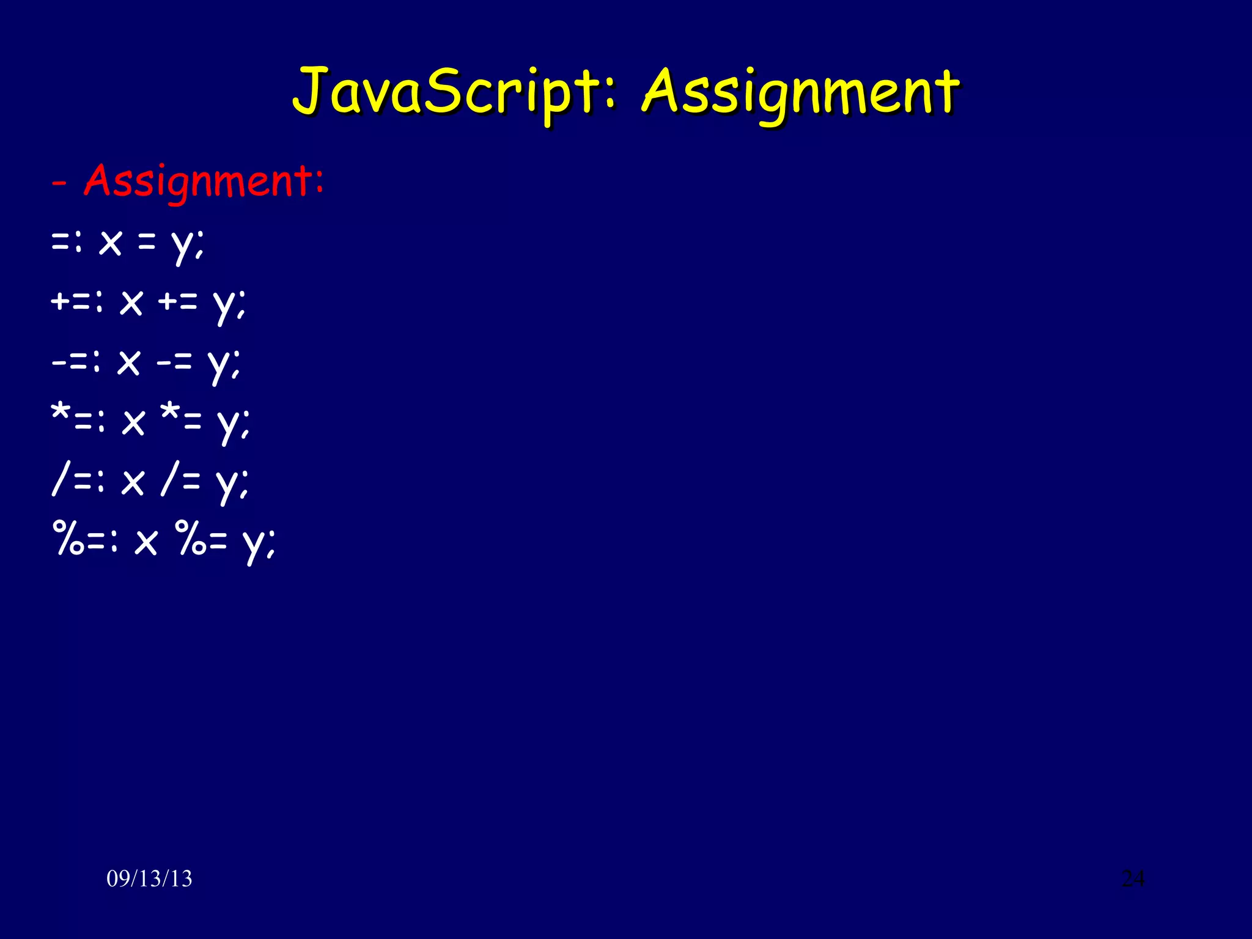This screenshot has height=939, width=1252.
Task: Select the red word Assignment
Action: [204, 181]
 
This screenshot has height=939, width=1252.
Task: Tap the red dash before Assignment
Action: [59, 183]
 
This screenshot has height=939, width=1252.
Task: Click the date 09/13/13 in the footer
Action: [149, 878]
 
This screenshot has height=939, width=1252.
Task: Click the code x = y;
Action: [152, 243]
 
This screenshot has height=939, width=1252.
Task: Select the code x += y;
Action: [183, 303]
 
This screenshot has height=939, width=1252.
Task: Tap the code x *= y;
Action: [186, 422]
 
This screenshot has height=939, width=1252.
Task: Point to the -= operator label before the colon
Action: [70, 362]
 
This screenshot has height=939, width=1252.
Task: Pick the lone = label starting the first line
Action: [61, 243]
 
